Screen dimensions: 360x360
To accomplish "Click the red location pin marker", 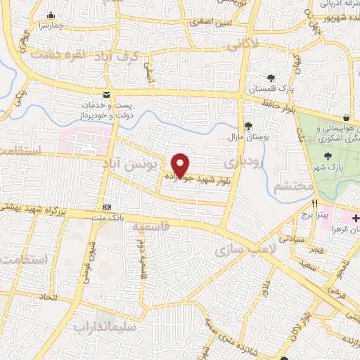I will pyautogui.click(x=180, y=165).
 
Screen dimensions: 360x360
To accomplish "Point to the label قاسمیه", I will pyautogui.click(x=148, y=229).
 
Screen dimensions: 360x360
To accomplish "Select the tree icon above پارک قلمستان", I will pyautogui.click(x=271, y=77).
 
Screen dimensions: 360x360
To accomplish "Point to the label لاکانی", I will pyautogui.click(x=243, y=44).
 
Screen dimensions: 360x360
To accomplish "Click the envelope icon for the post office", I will pyautogui.click(x=106, y=94).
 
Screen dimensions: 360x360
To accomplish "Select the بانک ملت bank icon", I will pyautogui.click(x=107, y=207).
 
